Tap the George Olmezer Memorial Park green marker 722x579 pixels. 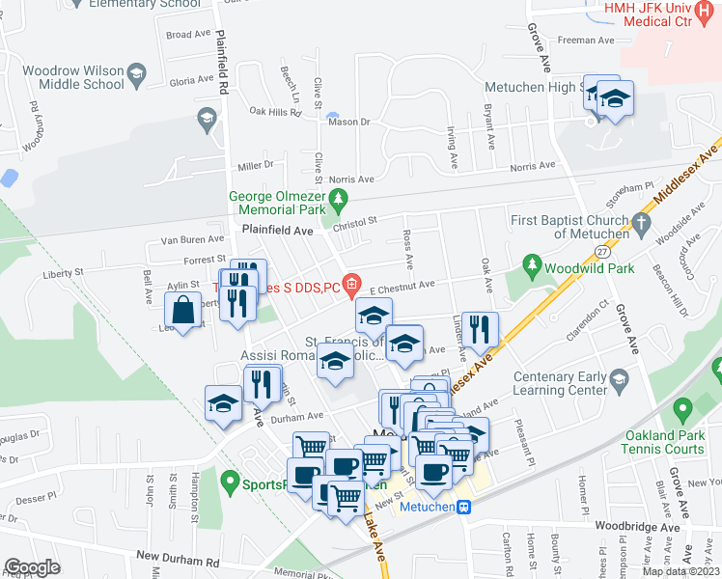click(337, 203)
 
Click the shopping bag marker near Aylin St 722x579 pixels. click(182, 311)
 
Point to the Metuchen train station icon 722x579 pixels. click(464, 507)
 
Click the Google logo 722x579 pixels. click(32, 567)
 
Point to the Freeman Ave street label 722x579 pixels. click(586, 41)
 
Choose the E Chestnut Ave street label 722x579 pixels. click(403, 285)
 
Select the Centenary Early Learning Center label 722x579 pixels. click(560, 383)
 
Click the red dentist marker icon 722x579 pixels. click(352, 284)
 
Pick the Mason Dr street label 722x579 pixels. click(349, 123)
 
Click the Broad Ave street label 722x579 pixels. click(188, 34)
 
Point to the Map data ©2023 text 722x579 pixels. click(680, 571)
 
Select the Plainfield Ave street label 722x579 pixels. click(277, 232)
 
